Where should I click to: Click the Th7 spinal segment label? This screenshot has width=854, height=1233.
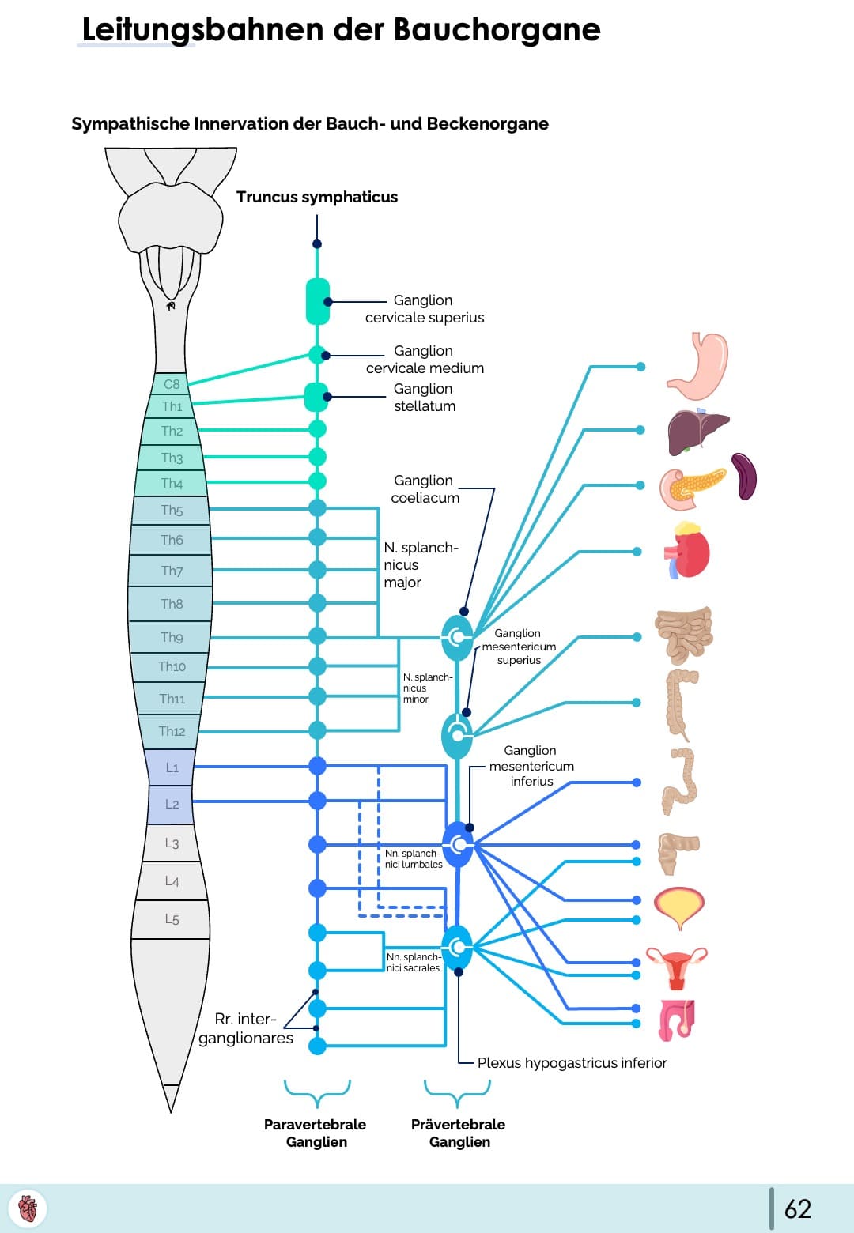pos(172,571)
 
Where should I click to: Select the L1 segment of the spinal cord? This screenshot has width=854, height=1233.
pos(172,767)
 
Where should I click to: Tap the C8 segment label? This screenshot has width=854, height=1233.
pos(172,384)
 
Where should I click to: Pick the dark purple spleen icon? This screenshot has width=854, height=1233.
pos(744,476)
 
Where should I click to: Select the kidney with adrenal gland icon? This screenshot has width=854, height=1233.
pos(688,551)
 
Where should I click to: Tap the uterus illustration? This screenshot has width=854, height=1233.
pos(677,967)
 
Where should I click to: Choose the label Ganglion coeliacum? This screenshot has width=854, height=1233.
pos(425,489)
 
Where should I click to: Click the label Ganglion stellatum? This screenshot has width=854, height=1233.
pos(424,398)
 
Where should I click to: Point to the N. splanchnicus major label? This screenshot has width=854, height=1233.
pos(420,564)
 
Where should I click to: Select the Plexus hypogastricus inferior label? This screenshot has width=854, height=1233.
pos(572,1063)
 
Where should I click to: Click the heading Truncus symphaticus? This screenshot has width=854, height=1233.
pos(317,197)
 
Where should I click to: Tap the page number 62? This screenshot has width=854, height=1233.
pos(797,1208)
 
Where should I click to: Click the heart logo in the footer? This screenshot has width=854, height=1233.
pos(28,1208)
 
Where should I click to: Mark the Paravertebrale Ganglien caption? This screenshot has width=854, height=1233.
pos(316,1133)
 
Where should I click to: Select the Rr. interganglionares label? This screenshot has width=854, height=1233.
pos(245,1028)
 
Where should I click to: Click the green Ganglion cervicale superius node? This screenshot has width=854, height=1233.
pos(318,301)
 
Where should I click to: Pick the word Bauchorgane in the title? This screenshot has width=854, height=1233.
pos(497,29)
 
